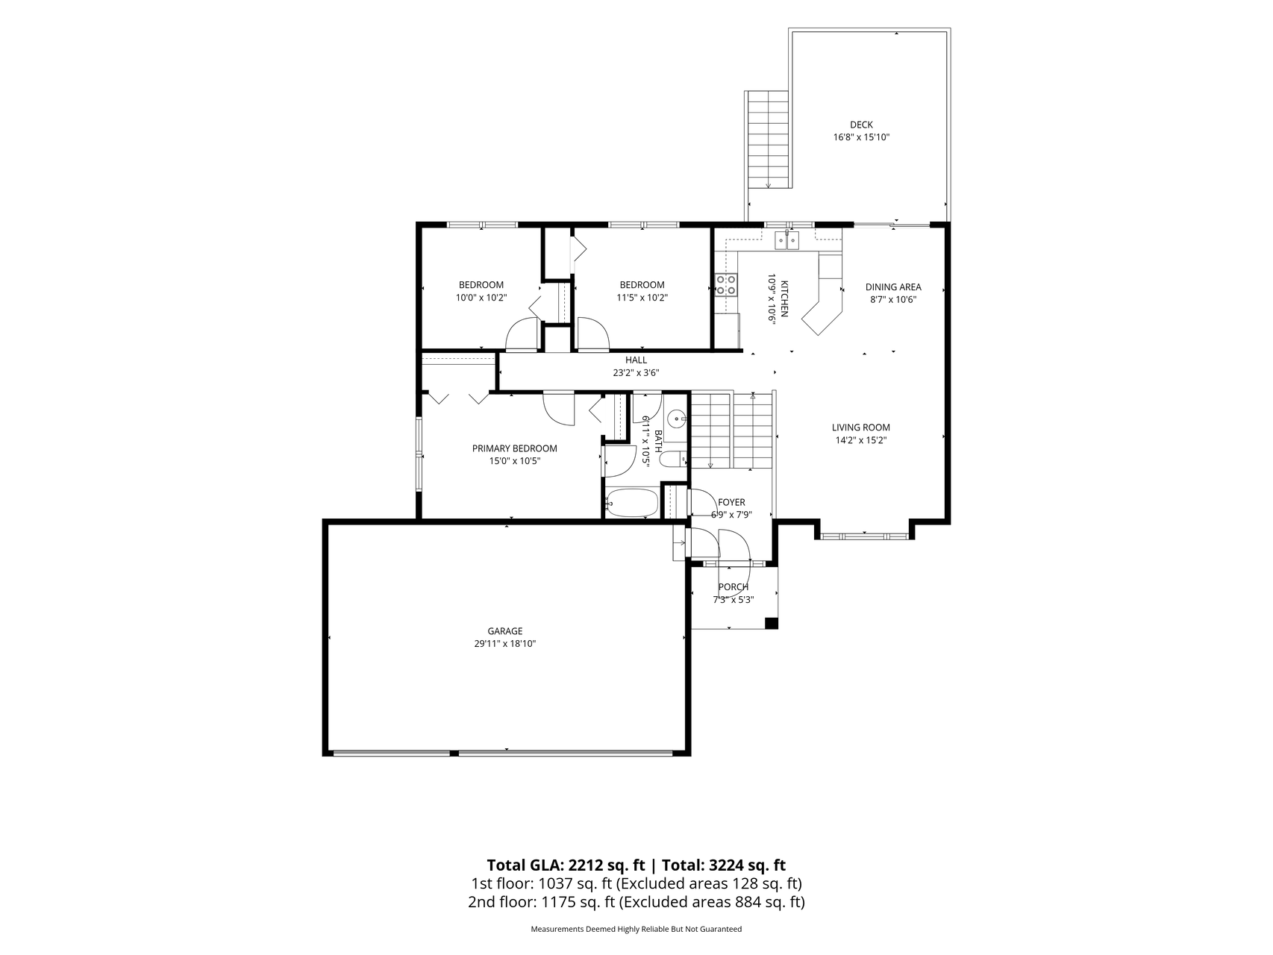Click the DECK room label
click(x=861, y=125)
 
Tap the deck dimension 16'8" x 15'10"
click(x=861, y=137)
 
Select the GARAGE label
click(x=505, y=631)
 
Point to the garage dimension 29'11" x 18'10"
click(x=505, y=644)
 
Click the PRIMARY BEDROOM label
click(x=514, y=448)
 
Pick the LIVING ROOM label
click(x=861, y=428)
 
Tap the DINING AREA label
click(x=893, y=286)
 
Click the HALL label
click(x=636, y=360)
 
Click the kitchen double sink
click(x=786, y=240)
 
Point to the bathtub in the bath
click(x=631, y=503)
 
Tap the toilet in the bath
click(x=674, y=459)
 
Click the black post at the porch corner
click(x=772, y=623)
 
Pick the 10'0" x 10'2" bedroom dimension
click(x=481, y=298)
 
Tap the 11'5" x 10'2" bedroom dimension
click(x=642, y=298)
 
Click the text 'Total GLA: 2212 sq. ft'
click(x=566, y=865)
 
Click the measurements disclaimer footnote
click(x=636, y=930)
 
